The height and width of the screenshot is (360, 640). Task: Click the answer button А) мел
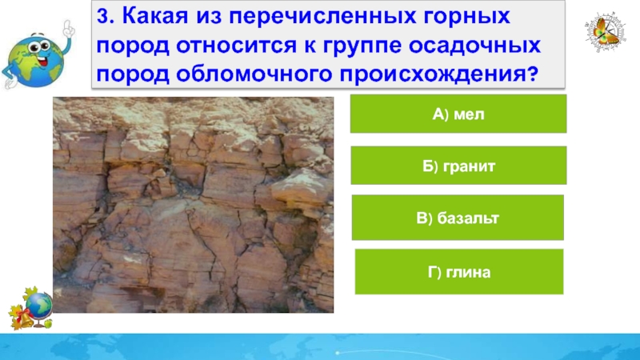tap(458, 114)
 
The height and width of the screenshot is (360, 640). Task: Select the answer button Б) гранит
tap(458, 166)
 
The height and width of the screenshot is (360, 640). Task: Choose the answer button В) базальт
tap(458, 218)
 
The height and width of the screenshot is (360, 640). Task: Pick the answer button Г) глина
tap(459, 272)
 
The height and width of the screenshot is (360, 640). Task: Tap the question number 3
tap(106, 17)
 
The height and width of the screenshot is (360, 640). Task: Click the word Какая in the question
tap(155, 16)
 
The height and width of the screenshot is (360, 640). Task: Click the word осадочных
tap(474, 46)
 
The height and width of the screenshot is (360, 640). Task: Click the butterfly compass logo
tap(605, 31)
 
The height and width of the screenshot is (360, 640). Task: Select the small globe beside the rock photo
tap(39, 306)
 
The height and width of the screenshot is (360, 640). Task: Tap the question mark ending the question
tap(533, 74)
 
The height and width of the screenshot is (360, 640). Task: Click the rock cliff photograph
tap(193, 205)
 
